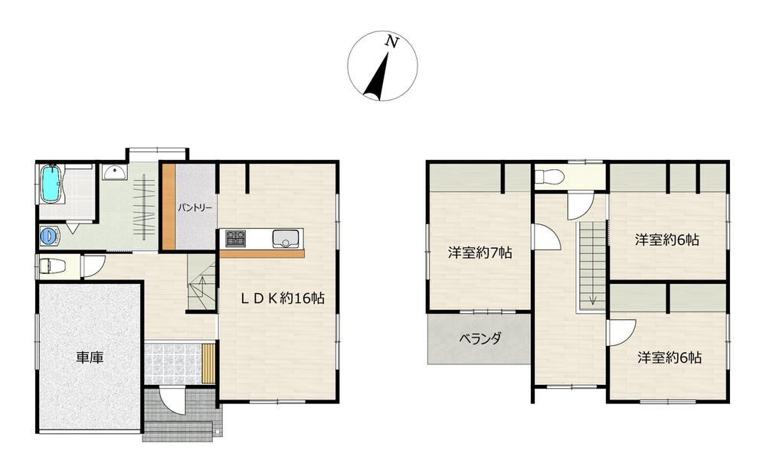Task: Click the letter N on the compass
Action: [x=391, y=42]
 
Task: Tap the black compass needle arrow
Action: [x=377, y=76]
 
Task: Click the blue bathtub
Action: [x=51, y=184]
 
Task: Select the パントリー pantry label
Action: [x=195, y=207]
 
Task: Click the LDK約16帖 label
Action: [x=283, y=298]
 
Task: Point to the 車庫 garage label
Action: [x=90, y=357]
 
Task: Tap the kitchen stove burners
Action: [x=235, y=239]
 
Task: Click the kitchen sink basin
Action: [x=284, y=239]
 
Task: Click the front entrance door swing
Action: [x=172, y=399]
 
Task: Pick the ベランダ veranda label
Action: [x=480, y=338]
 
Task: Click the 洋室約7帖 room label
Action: [x=480, y=253]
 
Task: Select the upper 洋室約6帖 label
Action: [x=667, y=240]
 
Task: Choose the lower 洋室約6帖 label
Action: [x=669, y=357]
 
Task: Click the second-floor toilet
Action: [x=549, y=176]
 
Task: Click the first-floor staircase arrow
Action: [x=202, y=287]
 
